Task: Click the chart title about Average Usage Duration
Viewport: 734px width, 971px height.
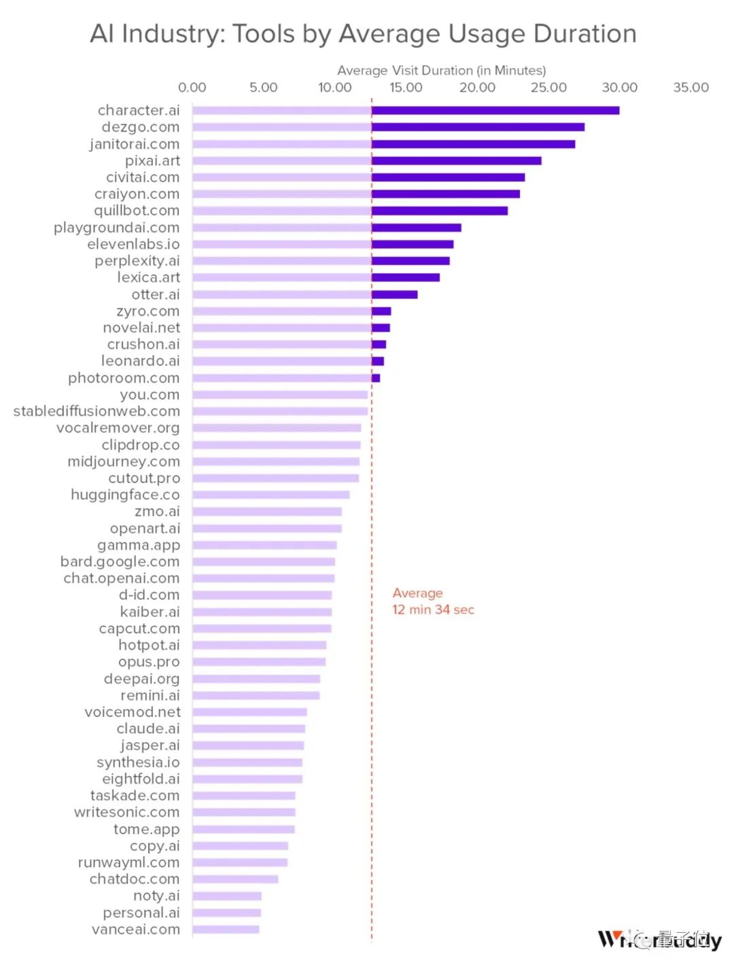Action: pos(363,33)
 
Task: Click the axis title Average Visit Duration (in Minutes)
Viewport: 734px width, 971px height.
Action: pos(441,71)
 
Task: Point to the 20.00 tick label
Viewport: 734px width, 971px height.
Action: pos(477,88)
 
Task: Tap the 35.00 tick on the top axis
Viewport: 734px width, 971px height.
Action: pos(691,88)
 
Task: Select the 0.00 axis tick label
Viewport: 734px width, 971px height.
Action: pos(192,88)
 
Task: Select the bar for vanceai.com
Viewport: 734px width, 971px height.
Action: pos(226,929)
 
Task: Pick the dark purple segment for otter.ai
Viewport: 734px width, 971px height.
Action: pos(394,295)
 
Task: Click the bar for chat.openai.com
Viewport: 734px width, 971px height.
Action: pos(263,578)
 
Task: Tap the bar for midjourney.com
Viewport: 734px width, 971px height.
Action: pos(275,462)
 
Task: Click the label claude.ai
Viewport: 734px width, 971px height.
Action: pos(148,728)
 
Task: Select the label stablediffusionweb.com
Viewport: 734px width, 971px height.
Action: pos(97,411)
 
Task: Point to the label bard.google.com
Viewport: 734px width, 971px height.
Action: pos(120,562)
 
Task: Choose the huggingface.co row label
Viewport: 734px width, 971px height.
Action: pos(125,495)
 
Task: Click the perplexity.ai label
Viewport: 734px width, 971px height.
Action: pos(137,261)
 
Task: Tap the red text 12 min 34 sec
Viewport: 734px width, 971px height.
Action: pos(433,610)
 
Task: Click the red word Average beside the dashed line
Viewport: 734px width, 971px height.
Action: pos(417,593)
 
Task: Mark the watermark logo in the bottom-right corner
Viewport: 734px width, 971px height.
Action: pos(659,940)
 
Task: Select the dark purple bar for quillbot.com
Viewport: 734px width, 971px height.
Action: pos(440,211)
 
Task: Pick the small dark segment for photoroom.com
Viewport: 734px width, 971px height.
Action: pos(376,378)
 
